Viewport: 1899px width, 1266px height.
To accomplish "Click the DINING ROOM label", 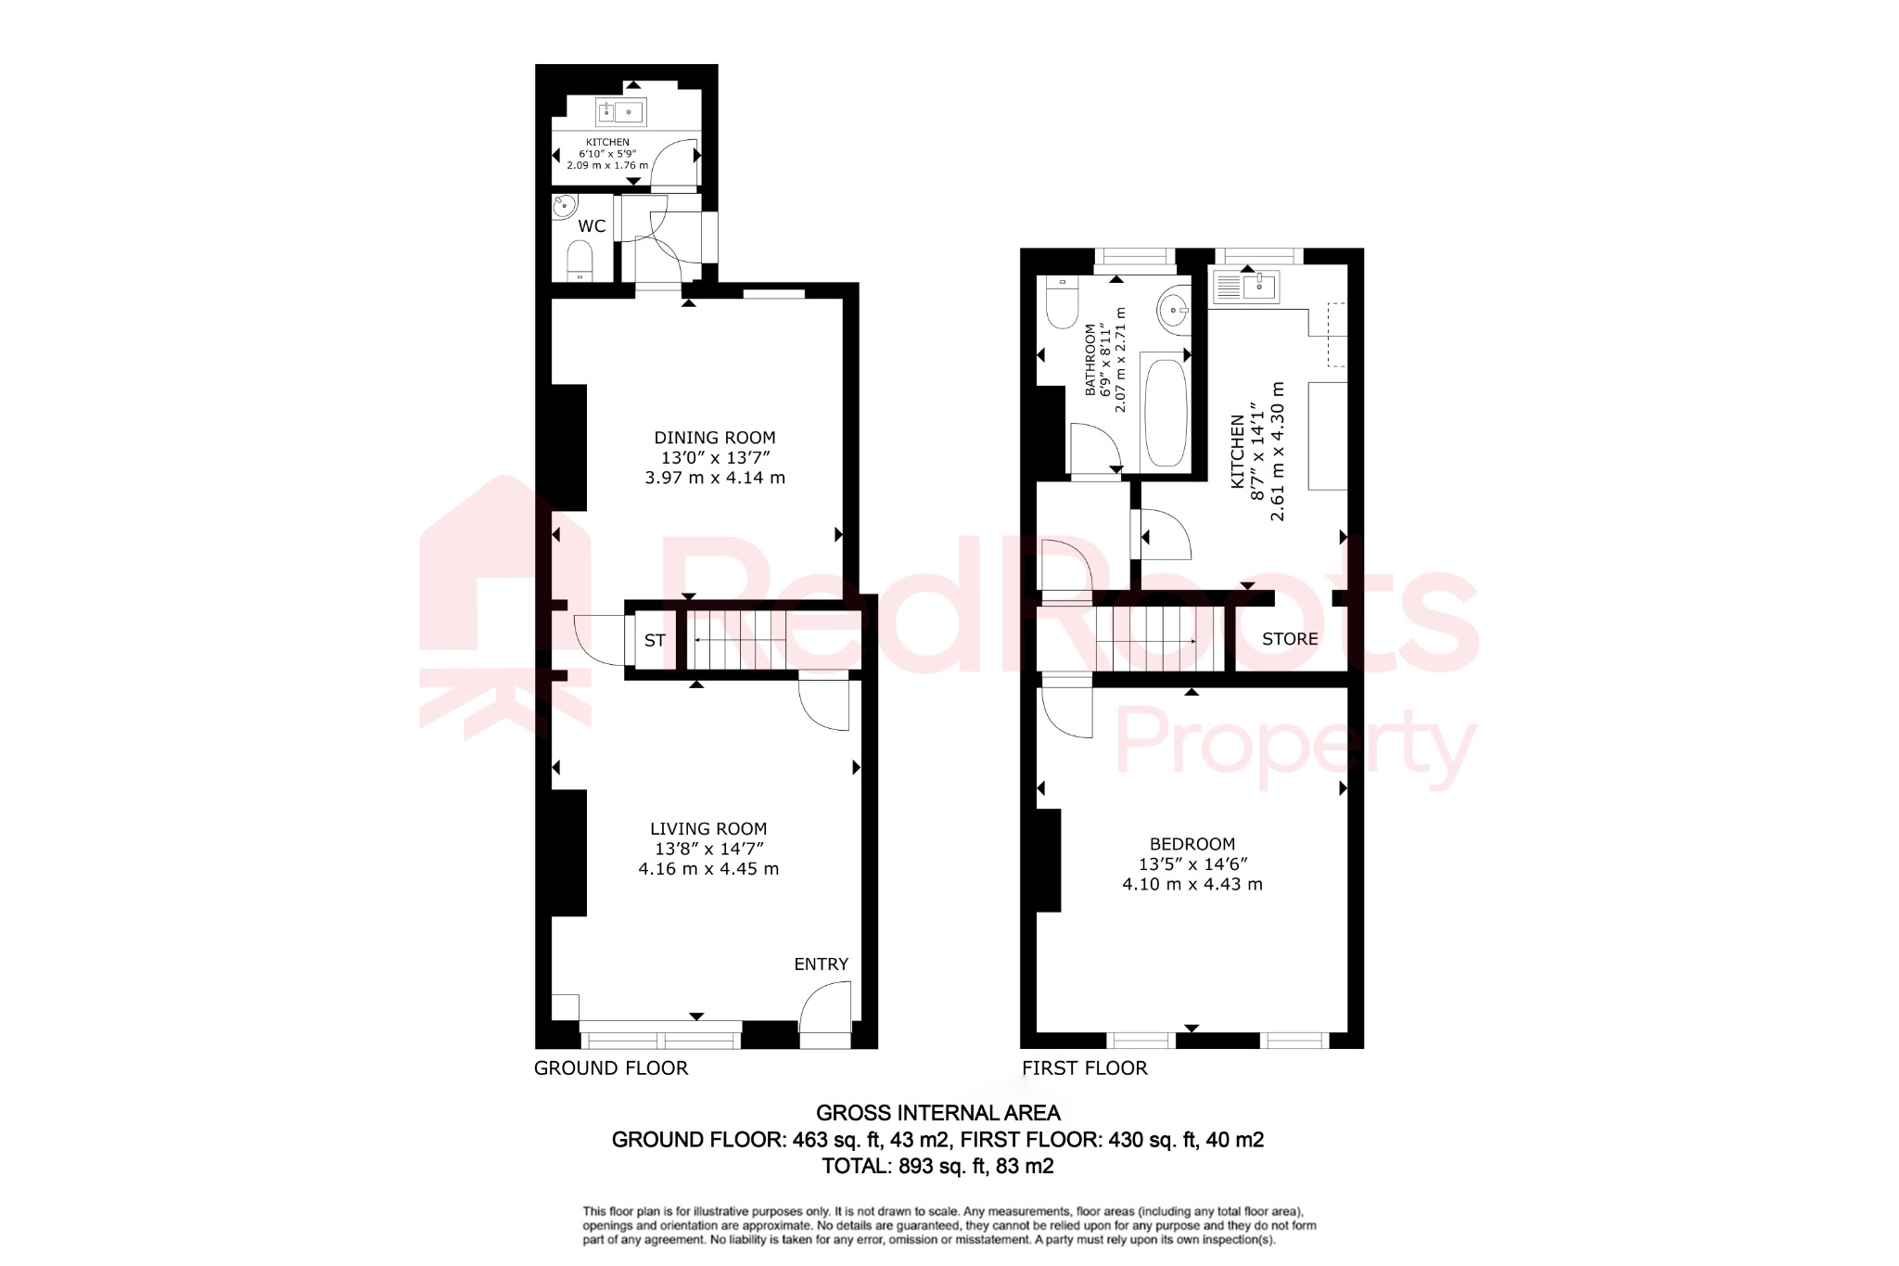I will pyautogui.click(x=714, y=438).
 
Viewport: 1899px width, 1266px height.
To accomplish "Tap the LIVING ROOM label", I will pyautogui.click(x=708, y=829).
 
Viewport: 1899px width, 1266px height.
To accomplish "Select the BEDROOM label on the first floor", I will pyautogui.click(x=1192, y=844).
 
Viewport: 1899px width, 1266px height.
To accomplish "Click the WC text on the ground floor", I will pyautogui.click(x=592, y=226).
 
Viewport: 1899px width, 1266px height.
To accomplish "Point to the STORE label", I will pyautogui.click(x=1289, y=639).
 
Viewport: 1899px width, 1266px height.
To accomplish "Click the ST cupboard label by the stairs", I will pyautogui.click(x=655, y=640).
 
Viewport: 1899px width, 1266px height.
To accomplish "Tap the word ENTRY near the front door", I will pyautogui.click(x=821, y=965).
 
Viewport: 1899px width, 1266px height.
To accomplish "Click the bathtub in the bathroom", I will pyautogui.click(x=1166, y=412).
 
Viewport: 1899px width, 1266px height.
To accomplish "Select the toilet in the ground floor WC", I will pyautogui.click(x=580, y=259).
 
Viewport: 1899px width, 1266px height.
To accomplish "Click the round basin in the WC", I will pyautogui.click(x=565, y=207).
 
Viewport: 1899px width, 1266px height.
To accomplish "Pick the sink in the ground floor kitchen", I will pyautogui.click(x=619, y=113).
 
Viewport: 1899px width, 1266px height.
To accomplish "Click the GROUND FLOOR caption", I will pyautogui.click(x=611, y=1068).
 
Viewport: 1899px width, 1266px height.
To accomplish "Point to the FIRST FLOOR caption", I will pyautogui.click(x=1084, y=1068).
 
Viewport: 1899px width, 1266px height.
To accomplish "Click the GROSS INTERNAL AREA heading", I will pyautogui.click(x=937, y=1113).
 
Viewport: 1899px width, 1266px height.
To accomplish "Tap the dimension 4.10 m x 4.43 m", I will pyautogui.click(x=1192, y=885).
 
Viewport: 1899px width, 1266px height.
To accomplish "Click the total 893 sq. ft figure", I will pyautogui.click(x=937, y=1167).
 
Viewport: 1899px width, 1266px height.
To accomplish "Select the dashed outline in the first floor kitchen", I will pyautogui.click(x=1336, y=334).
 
